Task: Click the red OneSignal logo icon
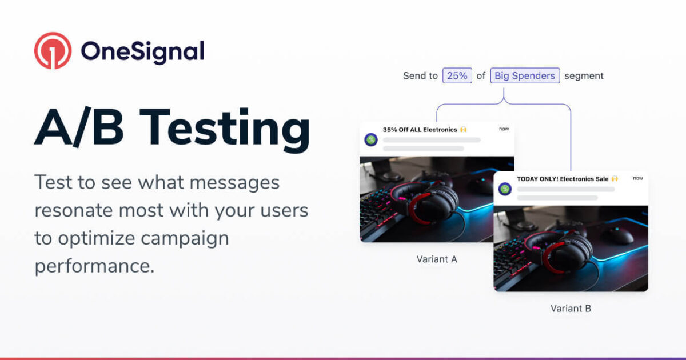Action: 53,51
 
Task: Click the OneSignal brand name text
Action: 142,51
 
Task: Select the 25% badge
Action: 457,76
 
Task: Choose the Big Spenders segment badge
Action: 525,76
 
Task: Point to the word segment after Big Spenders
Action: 584,76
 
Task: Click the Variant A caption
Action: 437,259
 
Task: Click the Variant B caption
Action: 571,309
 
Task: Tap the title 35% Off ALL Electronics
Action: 420,130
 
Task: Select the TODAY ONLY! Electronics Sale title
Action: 563,179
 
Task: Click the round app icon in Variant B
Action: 505,189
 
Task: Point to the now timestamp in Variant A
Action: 504,129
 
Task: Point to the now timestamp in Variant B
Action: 637,178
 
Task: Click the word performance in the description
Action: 94,266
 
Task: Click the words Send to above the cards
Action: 420,76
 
